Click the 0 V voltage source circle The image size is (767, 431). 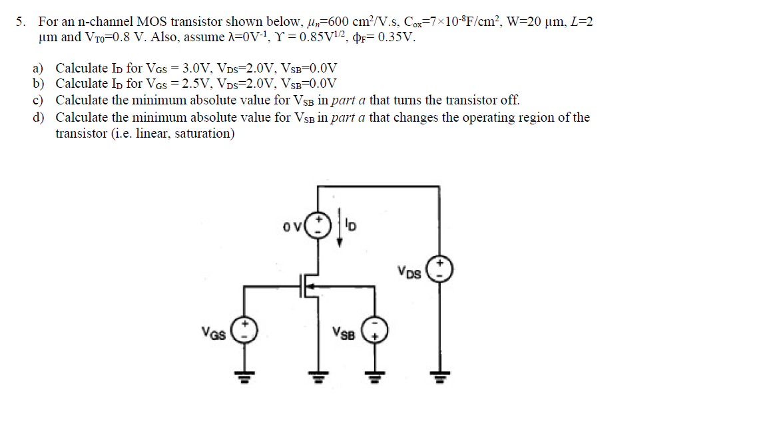click(321, 223)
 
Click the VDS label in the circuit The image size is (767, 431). click(409, 272)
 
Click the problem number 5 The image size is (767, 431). click(21, 21)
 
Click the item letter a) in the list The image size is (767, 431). click(38, 69)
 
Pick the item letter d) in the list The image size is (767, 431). click(38, 118)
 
